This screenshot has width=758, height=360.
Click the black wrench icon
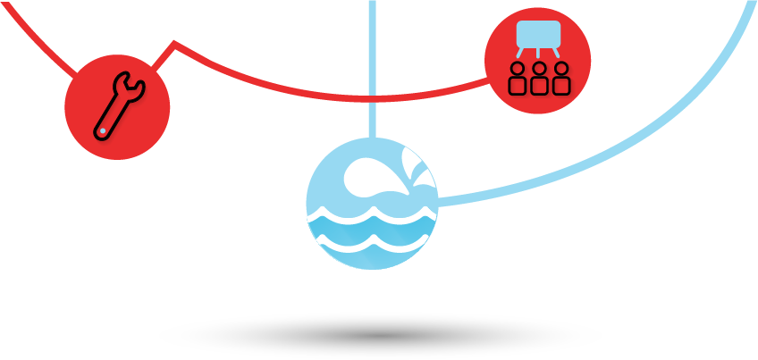coord(116,107)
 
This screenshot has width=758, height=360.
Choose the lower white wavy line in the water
coord(372,240)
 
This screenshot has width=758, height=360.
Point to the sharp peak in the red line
coord(174,42)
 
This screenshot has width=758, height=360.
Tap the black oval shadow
coord(380,336)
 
